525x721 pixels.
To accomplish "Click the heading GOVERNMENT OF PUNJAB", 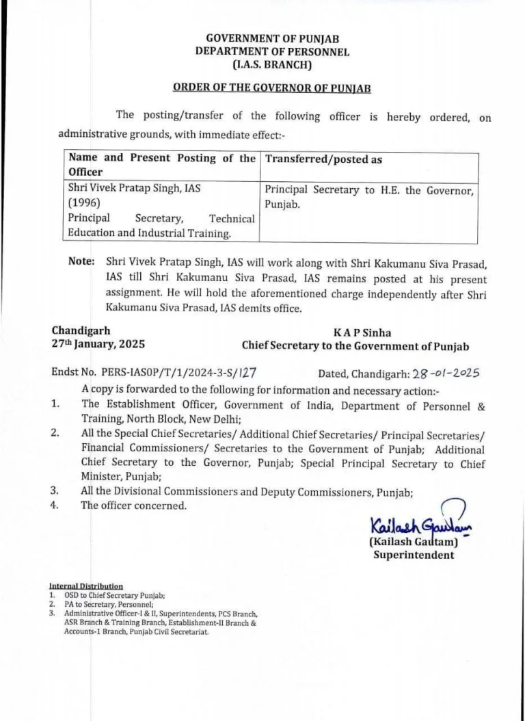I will (271, 39).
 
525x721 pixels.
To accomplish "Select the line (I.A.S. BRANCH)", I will (271, 66).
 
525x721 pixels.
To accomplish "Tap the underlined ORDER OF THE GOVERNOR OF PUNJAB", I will (271, 88).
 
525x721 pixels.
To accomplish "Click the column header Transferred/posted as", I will (323, 159).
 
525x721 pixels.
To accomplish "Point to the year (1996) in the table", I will (83, 203).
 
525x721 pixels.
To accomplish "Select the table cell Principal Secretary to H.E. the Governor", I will (368, 190).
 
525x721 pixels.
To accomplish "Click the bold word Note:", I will (81, 261).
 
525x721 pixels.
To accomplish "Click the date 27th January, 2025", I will (98, 344).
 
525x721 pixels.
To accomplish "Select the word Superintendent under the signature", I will (413, 555).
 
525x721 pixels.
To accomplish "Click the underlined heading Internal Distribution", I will (86, 586).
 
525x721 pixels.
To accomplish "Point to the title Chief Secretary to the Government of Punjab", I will (355, 347).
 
